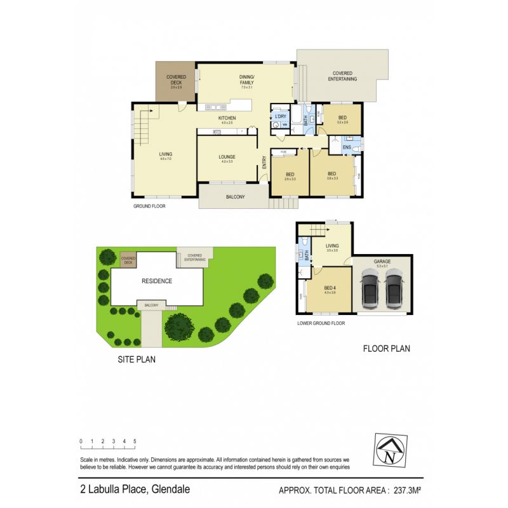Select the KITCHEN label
point(227,119)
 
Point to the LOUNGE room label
point(227,156)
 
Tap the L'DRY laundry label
point(279,116)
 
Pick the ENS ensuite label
point(347,148)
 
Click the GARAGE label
point(382,262)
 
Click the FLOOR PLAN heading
point(386,348)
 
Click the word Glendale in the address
point(169,490)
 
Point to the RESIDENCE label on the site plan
point(156,281)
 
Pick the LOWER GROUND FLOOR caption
point(321,323)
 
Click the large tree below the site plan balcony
point(180,327)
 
